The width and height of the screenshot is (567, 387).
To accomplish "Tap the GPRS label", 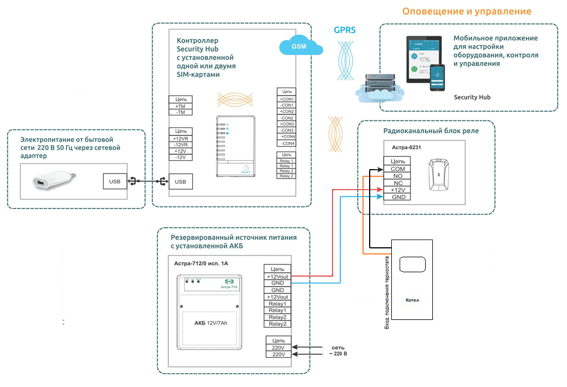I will [345, 30].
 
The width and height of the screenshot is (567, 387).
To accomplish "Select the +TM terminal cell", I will [180, 106].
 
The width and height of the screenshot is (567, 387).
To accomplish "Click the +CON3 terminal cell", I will [287, 124].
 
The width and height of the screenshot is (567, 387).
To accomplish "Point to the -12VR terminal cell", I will [180, 145].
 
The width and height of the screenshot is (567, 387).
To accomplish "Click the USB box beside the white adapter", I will [114, 181].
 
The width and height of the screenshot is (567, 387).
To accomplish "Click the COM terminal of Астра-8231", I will [397, 169].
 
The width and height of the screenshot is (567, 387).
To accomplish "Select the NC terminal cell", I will [397, 182].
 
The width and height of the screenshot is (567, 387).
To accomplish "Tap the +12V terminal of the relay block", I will [397, 190].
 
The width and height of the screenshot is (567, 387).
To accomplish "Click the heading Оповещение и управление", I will [467, 12].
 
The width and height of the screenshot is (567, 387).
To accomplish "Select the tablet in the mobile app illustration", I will [424, 59].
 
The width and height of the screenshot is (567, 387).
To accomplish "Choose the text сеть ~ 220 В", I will [338, 350].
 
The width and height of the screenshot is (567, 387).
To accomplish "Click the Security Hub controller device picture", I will [236, 146].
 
